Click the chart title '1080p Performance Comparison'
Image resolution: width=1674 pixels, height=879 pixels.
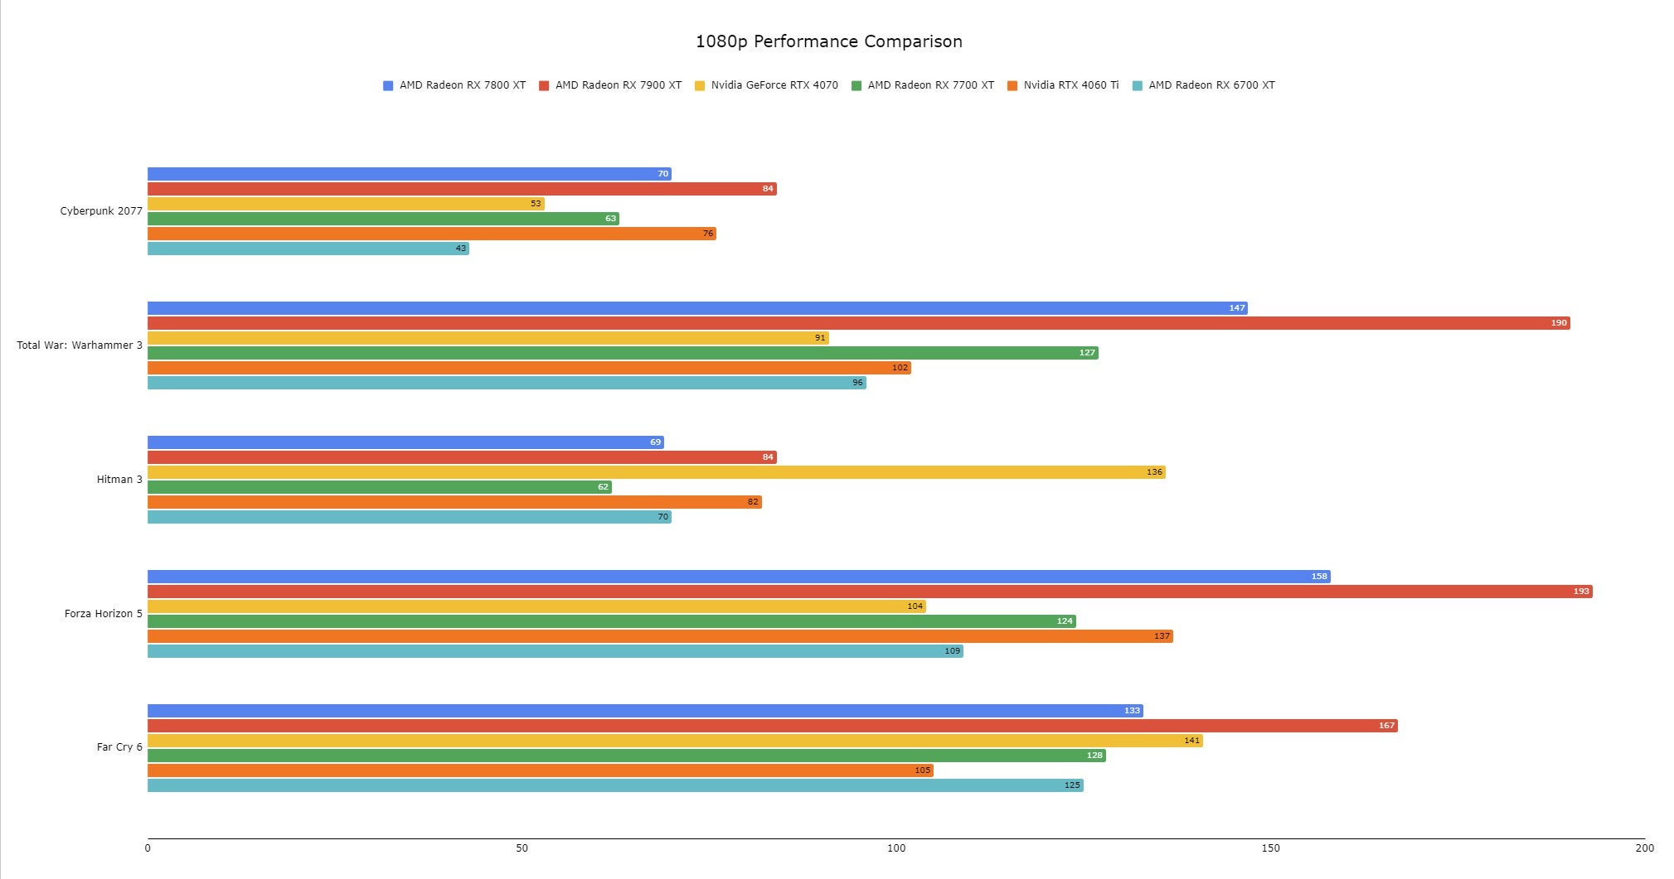click(x=828, y=41)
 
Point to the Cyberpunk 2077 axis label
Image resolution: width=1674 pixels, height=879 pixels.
click(x=101, y=211)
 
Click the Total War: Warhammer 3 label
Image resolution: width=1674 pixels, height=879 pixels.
click(x=80, y=345)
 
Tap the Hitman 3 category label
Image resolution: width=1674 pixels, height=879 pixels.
click(x=119, y=480)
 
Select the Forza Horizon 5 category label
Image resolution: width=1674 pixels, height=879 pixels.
click(x=104, y=614)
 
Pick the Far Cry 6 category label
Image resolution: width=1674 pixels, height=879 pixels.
click(x=119, y=747)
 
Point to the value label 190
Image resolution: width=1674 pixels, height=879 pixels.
click(x=1559, y=323)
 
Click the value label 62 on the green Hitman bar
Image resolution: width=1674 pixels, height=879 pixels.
click(x=603, y=487)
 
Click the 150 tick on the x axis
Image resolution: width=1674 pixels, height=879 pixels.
click(x=1270, y=848)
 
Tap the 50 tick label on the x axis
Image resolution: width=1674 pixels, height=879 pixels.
click(x=522, y=848)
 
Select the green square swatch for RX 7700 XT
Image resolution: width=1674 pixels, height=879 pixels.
click(x=856, y=85)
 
